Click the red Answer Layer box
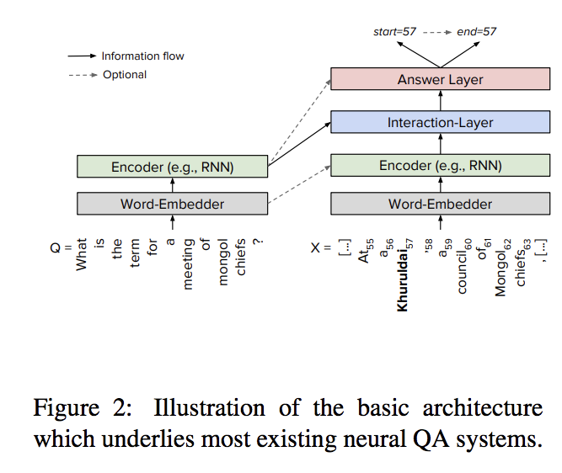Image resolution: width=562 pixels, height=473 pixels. point(440,80)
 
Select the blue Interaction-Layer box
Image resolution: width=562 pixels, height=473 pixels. point(440,122)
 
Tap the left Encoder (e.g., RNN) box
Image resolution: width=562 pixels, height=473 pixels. point(172,167)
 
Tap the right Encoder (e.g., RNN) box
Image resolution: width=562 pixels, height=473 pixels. point(440,165)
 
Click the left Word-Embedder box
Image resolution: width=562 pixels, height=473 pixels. point(172,204)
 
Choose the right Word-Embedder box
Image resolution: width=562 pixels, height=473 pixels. point(440,204)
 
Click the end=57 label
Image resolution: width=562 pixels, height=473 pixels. point(477,32)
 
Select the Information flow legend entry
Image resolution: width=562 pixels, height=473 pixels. point(142,56)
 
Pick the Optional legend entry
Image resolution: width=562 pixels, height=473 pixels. point(124,75)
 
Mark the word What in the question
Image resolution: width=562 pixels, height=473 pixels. point(82,253)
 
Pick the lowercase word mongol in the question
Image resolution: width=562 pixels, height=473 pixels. point(224,263)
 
